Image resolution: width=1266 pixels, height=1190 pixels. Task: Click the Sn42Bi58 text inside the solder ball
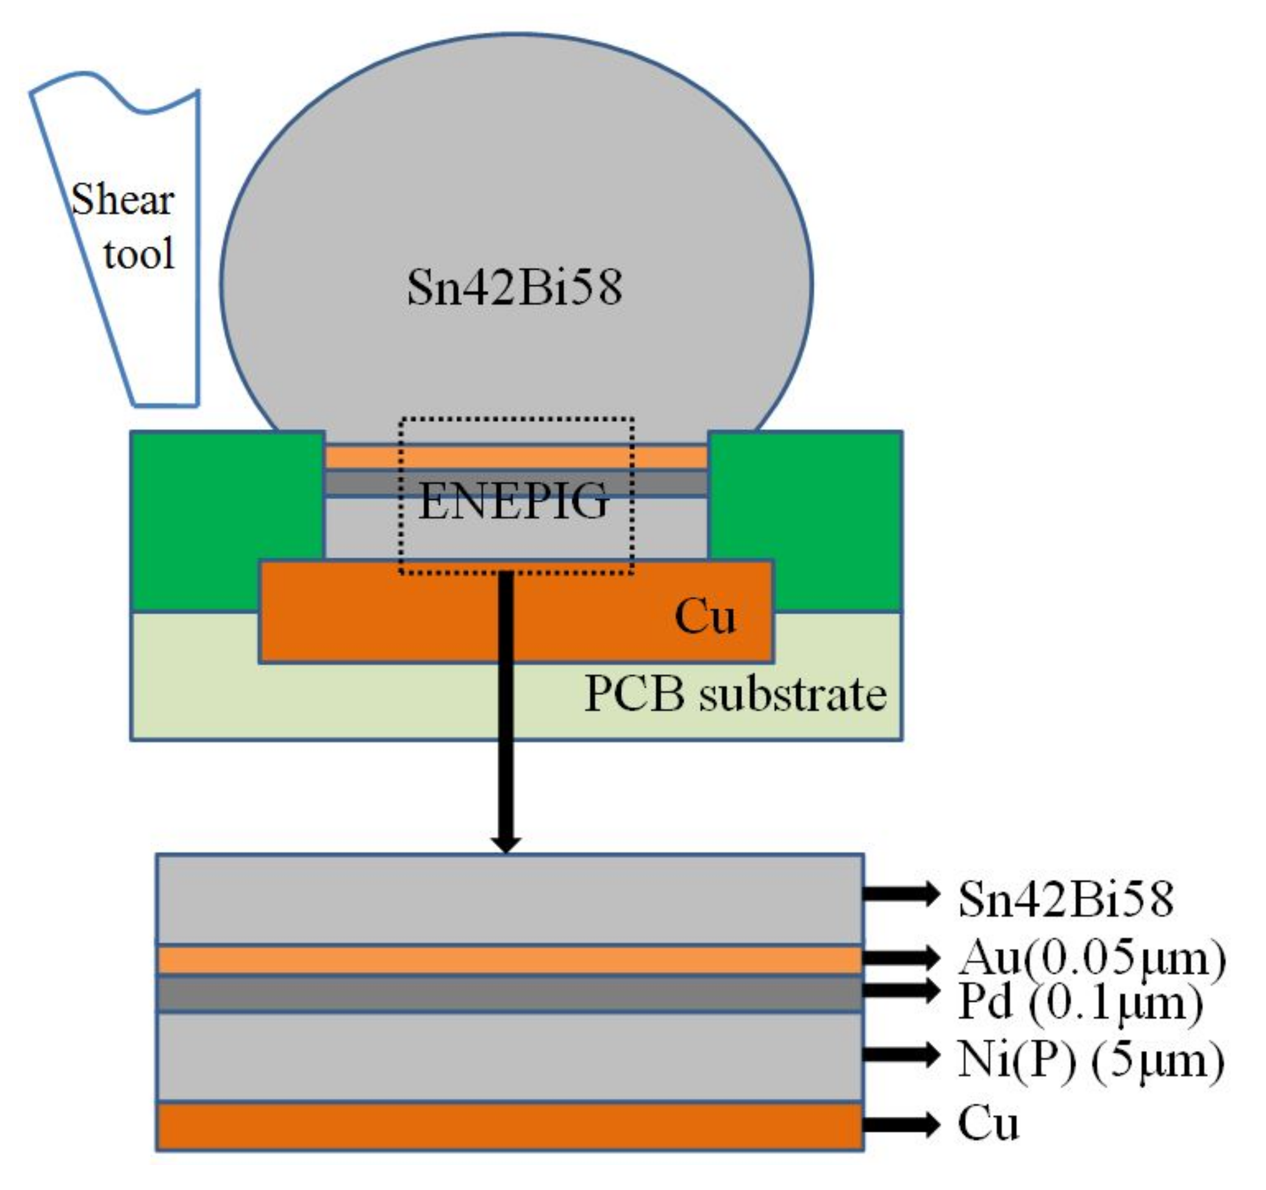point(515,288)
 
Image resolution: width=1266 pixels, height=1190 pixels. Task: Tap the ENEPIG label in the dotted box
point(513,501)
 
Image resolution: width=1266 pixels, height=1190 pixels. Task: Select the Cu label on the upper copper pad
point(705,616)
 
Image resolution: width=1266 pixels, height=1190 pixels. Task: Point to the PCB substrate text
point(735,694)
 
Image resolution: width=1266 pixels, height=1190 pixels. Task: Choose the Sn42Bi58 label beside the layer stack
point(1065,899)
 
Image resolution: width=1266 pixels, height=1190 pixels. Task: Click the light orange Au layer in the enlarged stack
point(509,960)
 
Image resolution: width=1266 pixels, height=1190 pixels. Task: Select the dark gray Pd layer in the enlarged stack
point(509,993)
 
